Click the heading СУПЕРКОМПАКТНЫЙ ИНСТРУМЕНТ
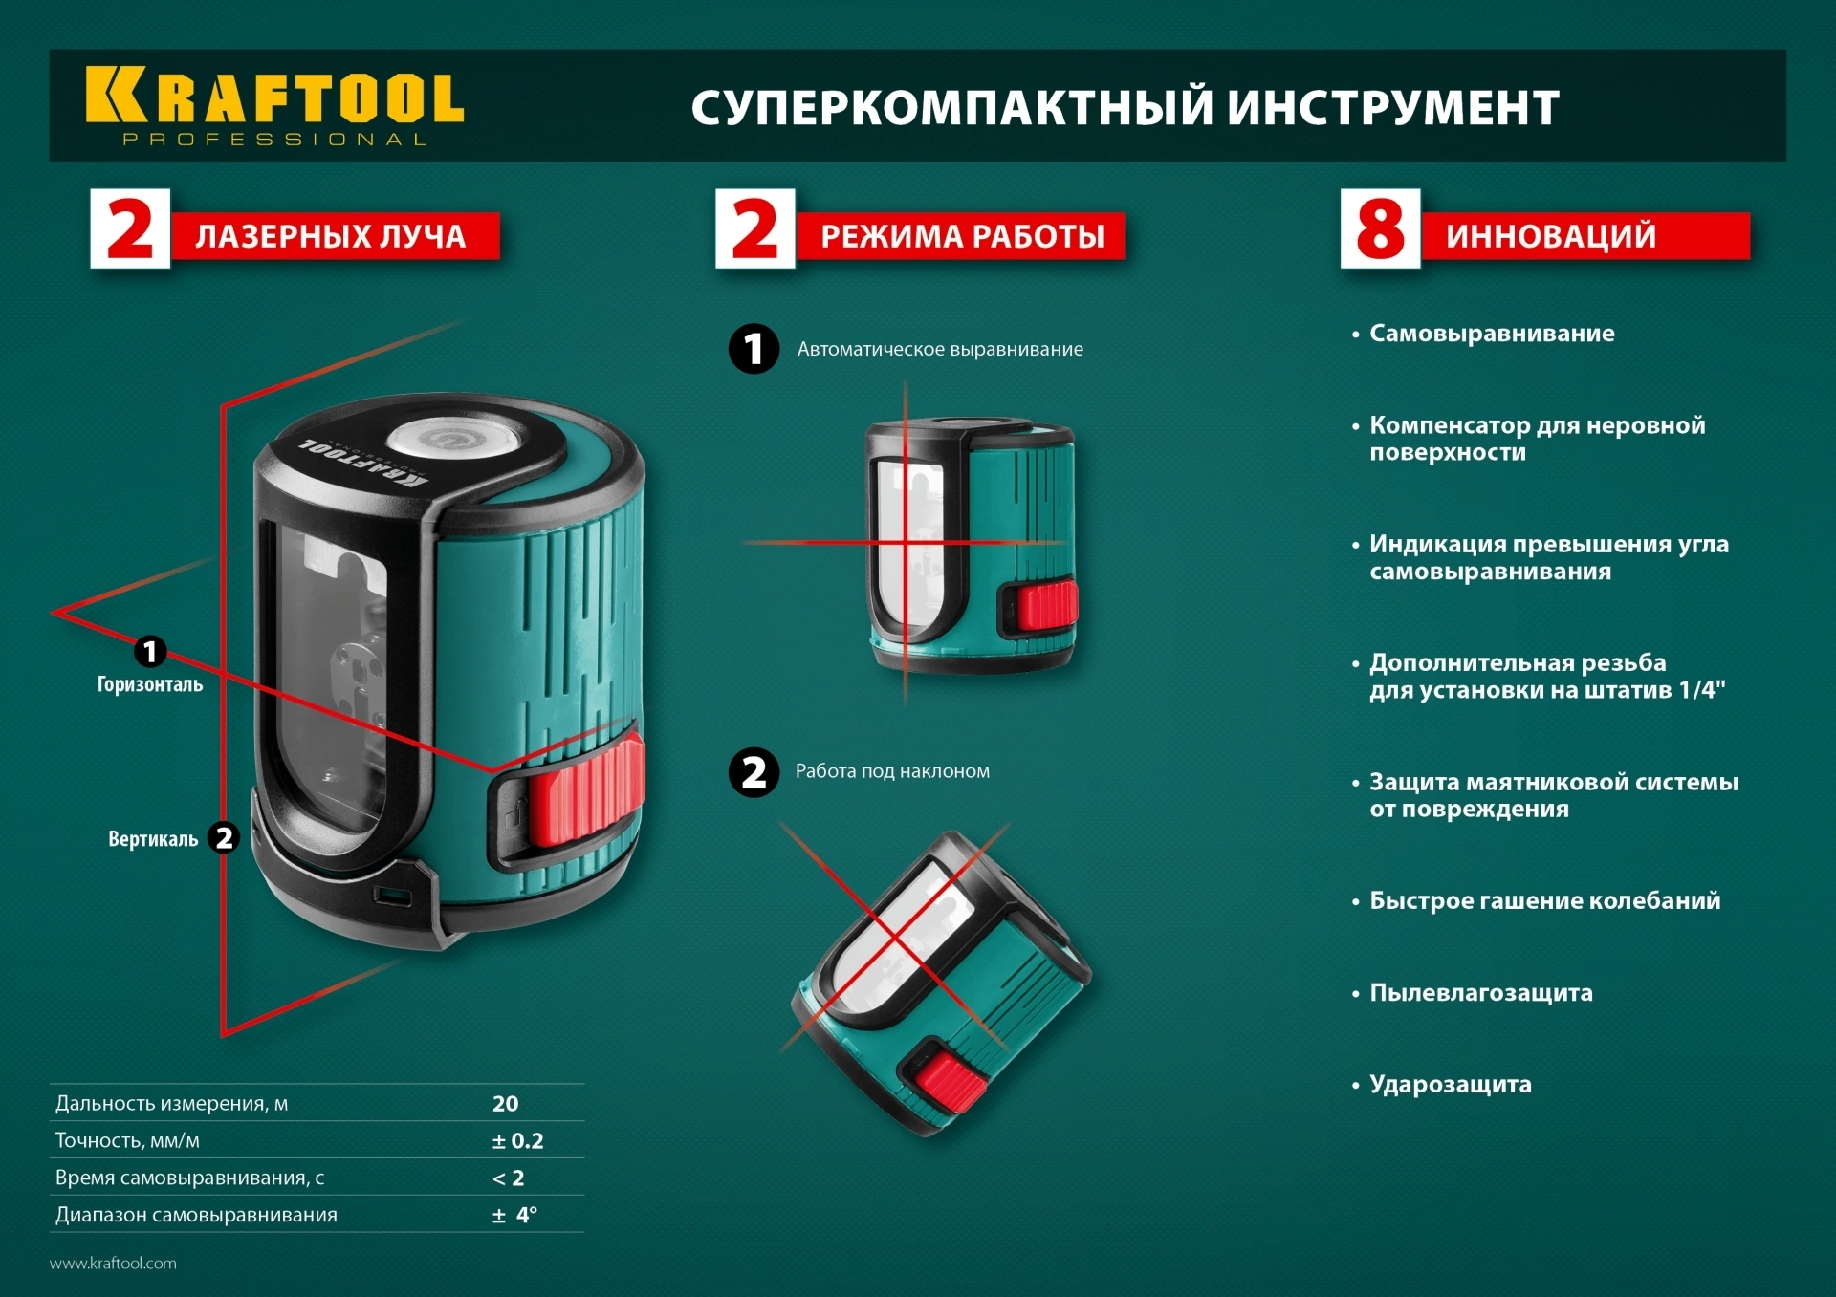coord(1125,108)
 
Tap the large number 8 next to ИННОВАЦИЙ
coord(1379,229)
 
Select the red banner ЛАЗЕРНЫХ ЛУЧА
coord(333,236)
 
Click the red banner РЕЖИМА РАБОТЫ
coord(961,236)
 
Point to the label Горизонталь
coord(150,684)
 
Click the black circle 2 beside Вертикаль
coord(224,838)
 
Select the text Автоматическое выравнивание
coord(939,350)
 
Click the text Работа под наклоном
coord(892,771)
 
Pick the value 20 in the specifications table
coord(505,1104)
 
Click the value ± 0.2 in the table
coord(517,1141)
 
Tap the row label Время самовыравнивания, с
coord(189,1178)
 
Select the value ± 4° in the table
coord(514,1216)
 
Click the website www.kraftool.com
coord(113,1264)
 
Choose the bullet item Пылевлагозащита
coord(1480,993)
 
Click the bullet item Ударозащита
coord(1450,1085)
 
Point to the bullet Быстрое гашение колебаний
coord(1543,901)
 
